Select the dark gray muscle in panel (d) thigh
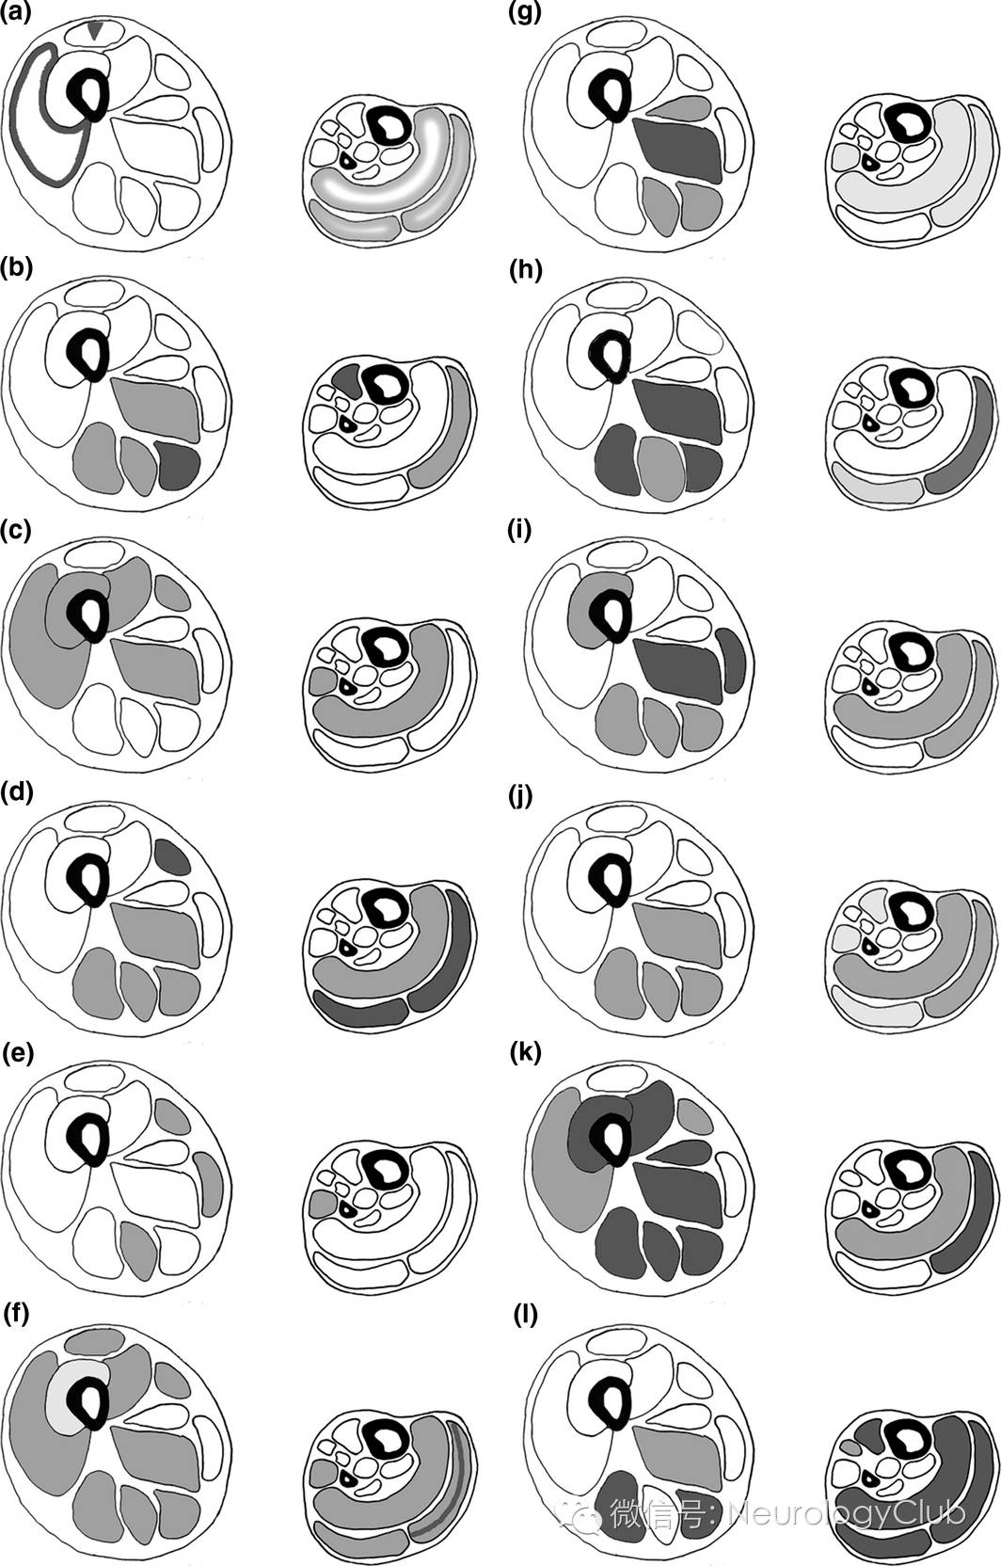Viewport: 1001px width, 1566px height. coord(172,857)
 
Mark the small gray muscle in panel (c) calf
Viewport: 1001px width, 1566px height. coord(322,679)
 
